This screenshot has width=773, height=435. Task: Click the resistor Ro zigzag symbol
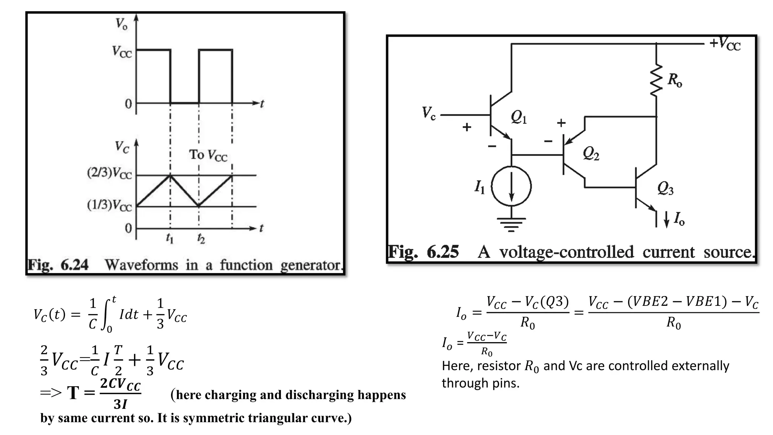656,80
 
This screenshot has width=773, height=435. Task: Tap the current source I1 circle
511,186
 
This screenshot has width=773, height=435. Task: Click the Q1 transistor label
519,117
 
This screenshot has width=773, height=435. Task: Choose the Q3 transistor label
665,188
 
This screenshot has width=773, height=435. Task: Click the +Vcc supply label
725,44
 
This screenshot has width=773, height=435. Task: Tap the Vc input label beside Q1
429,113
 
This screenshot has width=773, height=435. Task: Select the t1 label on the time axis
170,238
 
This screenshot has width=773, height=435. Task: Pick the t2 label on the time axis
201,238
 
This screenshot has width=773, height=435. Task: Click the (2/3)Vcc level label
109,173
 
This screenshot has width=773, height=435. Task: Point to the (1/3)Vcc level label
109,205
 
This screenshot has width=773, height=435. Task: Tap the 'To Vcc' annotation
208,155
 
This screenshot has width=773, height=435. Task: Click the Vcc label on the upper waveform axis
122,51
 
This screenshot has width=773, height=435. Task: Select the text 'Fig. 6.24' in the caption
59,265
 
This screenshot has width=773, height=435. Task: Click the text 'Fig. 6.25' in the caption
423,252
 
